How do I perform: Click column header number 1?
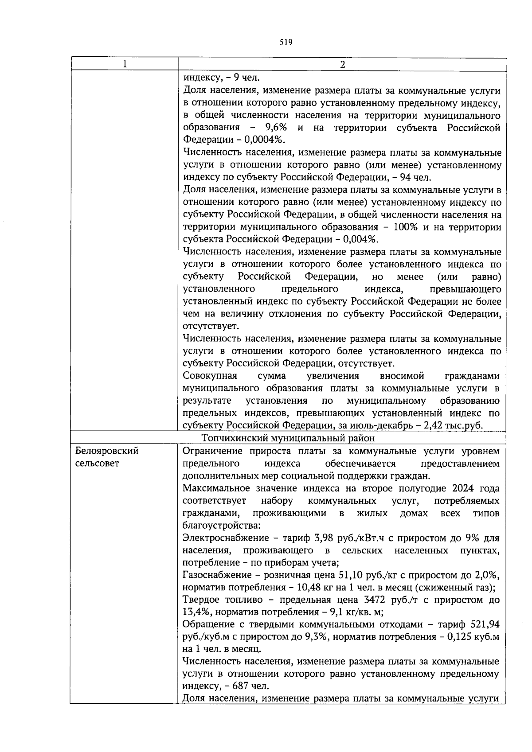click(125, 64)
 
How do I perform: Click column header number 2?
click(342, 64)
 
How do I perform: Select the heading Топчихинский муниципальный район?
click(288, 438)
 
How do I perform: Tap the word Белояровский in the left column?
click(106, 451)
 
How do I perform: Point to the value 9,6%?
click(276, 128)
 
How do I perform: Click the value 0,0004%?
click(265, 140)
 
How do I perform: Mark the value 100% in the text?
click(406, 227)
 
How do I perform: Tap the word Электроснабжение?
click(226, 538)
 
